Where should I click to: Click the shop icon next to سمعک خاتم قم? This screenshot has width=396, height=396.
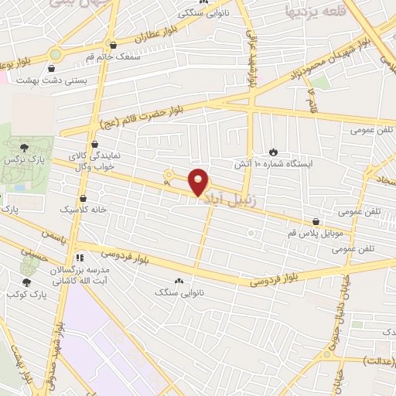pyautogui.click(x=114, y=45)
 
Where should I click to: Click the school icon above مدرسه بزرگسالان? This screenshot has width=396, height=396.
pyautogui.click(x=78, y=258)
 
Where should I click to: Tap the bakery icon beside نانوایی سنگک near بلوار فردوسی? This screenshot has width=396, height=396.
pyautogui.click(x=179, y=281)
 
